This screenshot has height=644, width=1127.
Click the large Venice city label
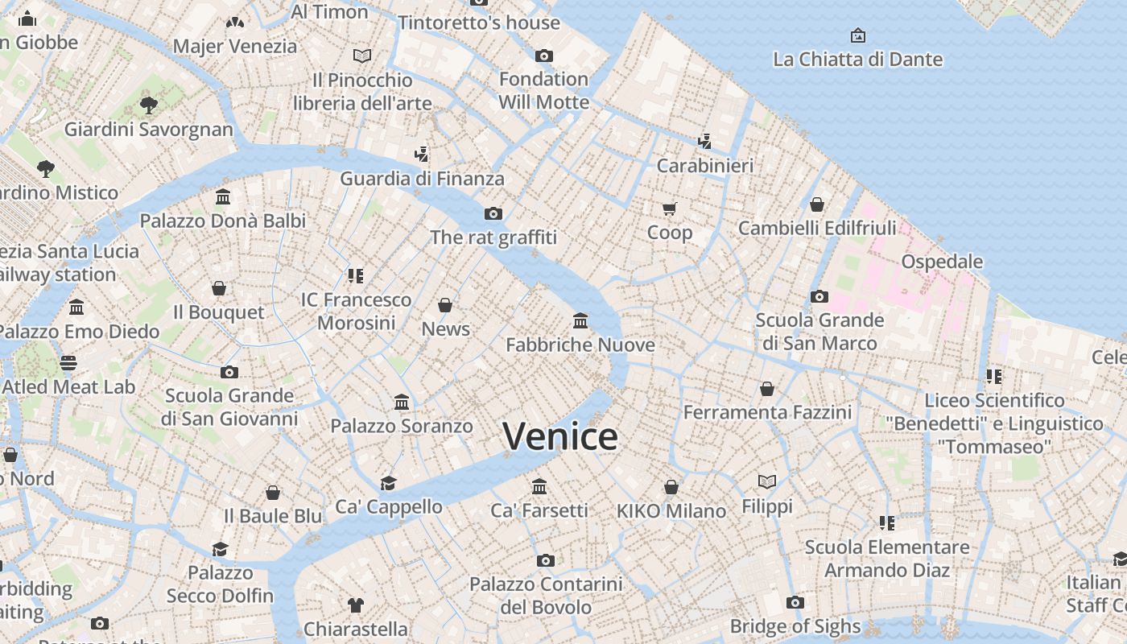click(560, 436)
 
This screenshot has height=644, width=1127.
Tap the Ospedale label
click(942, 262)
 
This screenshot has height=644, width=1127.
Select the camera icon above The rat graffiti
click(493, 213)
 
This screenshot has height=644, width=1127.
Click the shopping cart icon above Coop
click(669, 209)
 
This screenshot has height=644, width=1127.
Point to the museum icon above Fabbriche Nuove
click(580, 321)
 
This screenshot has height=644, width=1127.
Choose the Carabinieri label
click(705, 166)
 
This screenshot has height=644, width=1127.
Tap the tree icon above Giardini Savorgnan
click(148, 105)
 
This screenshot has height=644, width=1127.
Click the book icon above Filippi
click(767, 481)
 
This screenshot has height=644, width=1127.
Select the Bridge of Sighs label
click(795, 625)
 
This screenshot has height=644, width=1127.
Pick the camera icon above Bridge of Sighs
click(795, 602)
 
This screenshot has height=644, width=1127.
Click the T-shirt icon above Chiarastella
click(355, 605)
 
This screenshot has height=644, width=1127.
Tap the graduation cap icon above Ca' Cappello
click(388, 483)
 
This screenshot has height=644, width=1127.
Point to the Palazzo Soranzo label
click(401, 426)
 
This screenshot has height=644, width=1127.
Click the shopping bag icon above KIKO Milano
click(671, 487)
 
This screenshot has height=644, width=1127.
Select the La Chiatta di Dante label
click(857, 60)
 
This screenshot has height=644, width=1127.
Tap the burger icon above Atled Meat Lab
click(68, 363)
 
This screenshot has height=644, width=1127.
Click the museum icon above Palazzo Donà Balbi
click(223, 197)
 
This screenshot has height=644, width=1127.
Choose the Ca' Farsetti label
click(539, 510)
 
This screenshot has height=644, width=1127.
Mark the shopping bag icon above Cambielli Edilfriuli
click(817, 204)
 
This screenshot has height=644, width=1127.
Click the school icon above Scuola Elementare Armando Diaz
click(887, 523)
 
